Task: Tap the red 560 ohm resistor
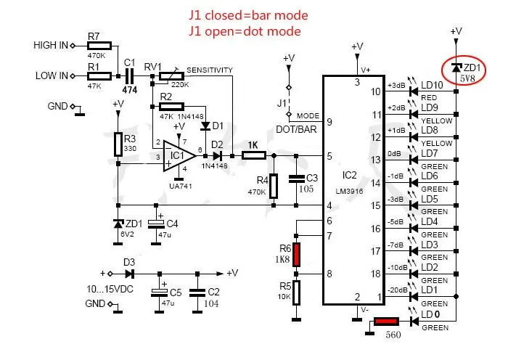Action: click(386, 321)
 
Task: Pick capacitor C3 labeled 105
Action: click(297, 178)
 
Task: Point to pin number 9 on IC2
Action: click(329, 122)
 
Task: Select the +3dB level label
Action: click(396, 86)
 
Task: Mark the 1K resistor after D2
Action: click(252, 155)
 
